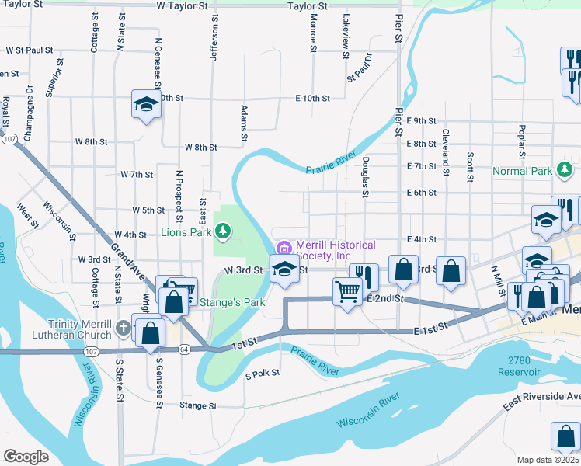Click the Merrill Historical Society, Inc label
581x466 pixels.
(x=335, y=250)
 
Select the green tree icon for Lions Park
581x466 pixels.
(x=223, y=231)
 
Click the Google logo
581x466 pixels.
(x=26, y=456)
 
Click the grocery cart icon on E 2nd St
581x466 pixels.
(x=346, y=292)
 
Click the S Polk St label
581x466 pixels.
(x=262, y=374)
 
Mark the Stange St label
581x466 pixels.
(x=197, y=405)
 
